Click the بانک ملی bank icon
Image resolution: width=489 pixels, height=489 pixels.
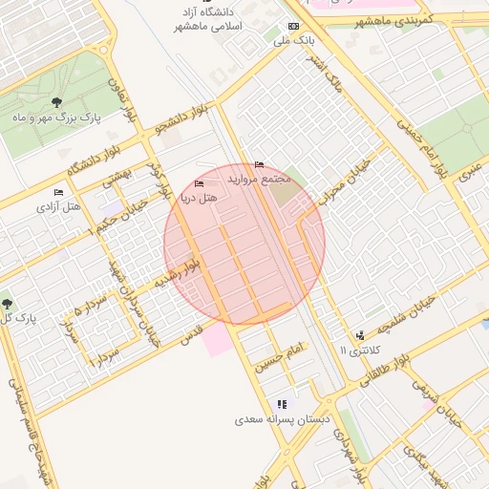(x=293, y=27)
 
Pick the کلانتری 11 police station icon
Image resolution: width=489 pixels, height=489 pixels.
(x=360, y=335)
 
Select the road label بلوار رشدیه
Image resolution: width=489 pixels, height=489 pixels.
(x=179, y=276)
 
